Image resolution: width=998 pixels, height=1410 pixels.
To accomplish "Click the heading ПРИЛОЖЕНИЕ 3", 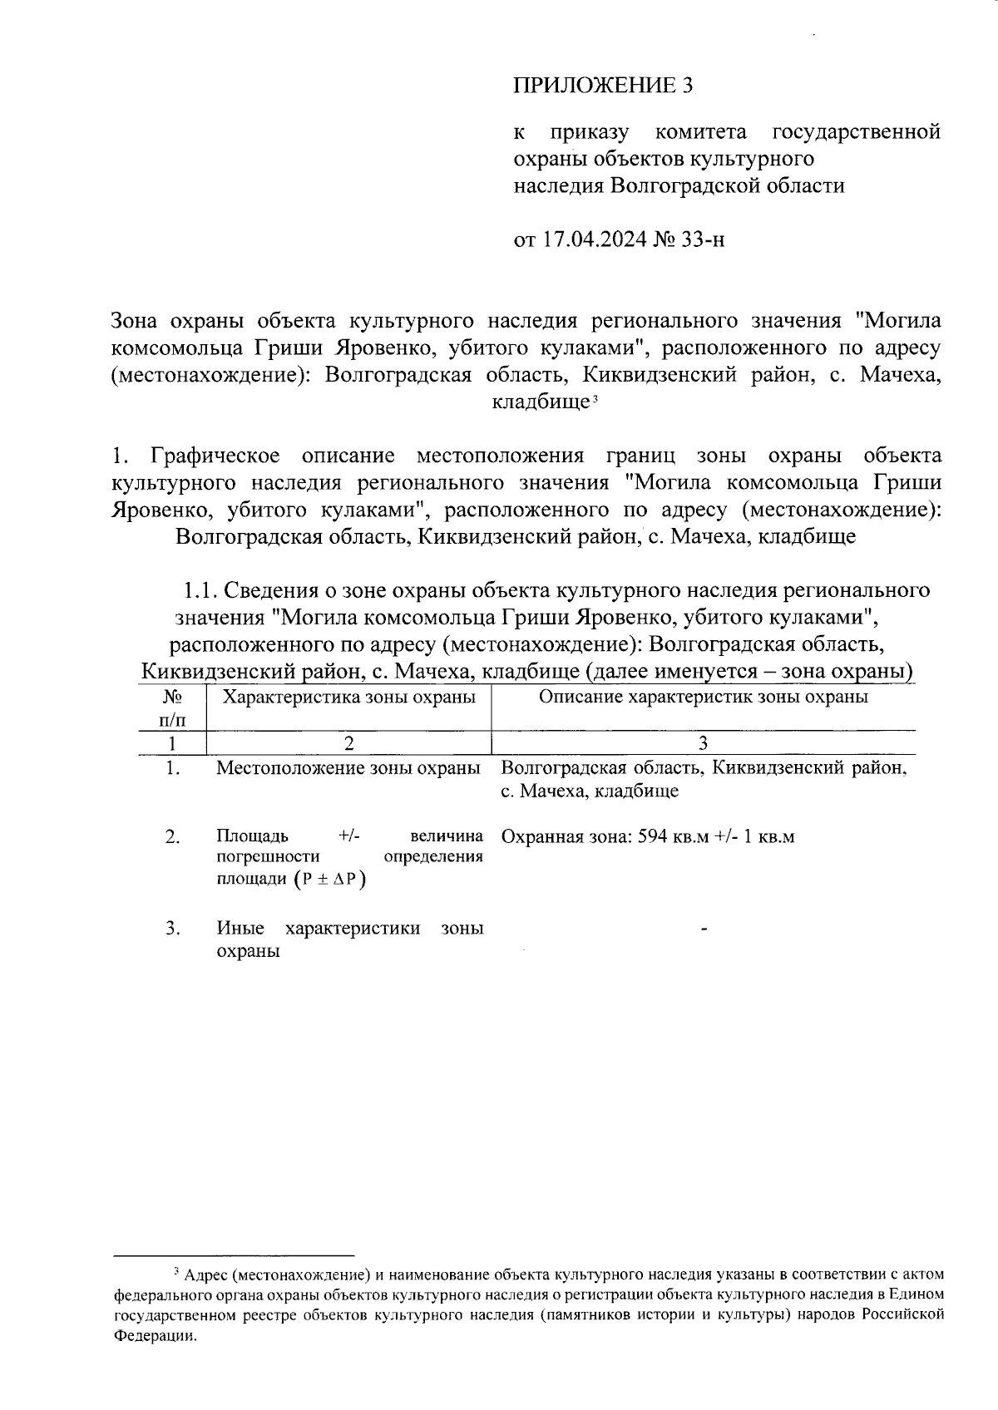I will coord(603,86).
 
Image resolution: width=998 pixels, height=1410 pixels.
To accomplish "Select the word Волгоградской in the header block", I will coord(681,185).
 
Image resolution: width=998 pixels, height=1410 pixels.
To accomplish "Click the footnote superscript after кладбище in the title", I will coord(595,400).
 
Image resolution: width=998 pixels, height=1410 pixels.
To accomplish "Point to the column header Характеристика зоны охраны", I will coord(349,697).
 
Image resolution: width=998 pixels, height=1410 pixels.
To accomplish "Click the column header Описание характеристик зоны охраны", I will coord(703,697).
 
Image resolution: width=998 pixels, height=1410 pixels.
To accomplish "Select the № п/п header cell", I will coord(172,707).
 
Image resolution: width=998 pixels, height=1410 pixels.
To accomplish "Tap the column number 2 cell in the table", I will coord(348,742).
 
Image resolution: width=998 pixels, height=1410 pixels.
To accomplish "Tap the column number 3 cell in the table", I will coord(703,742).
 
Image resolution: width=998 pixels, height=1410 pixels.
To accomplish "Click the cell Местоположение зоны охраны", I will coord(348,768).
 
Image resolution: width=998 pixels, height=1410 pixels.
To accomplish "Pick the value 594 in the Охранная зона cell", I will coord(654,836).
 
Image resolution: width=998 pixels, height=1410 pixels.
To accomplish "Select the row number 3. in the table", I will coord(172,929).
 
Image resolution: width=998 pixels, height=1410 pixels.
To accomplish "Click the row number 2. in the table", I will coord(172,836).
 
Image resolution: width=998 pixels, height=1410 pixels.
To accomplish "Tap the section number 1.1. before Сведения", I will coord(201,590).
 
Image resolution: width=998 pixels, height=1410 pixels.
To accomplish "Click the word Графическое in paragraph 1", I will coord(215,456).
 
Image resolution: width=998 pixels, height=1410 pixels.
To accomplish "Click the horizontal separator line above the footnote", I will coord(234,1255).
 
